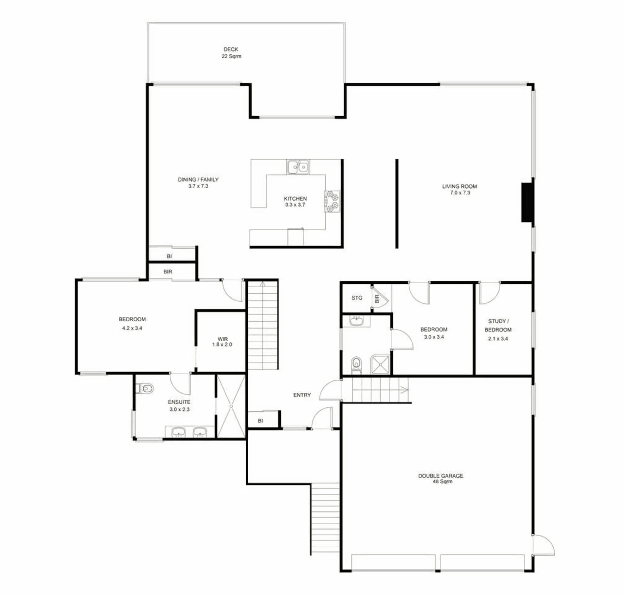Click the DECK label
coord(231,49)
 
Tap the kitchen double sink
coord(298,167)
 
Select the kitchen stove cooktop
coord(332,201)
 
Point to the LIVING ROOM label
coord(459,186)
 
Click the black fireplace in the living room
coord(527,203)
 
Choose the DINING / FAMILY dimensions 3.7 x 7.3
coord(198,186)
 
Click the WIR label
coord(223,339)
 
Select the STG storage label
coord(357,298)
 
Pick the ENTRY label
coord(302,395)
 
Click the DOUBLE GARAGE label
coord(441,476)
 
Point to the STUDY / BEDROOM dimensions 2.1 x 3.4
coord(498,339)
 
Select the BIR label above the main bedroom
coord(168,272)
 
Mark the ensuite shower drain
coord(231,406)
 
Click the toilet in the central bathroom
coord(356,365)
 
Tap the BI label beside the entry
coord(260,421)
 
